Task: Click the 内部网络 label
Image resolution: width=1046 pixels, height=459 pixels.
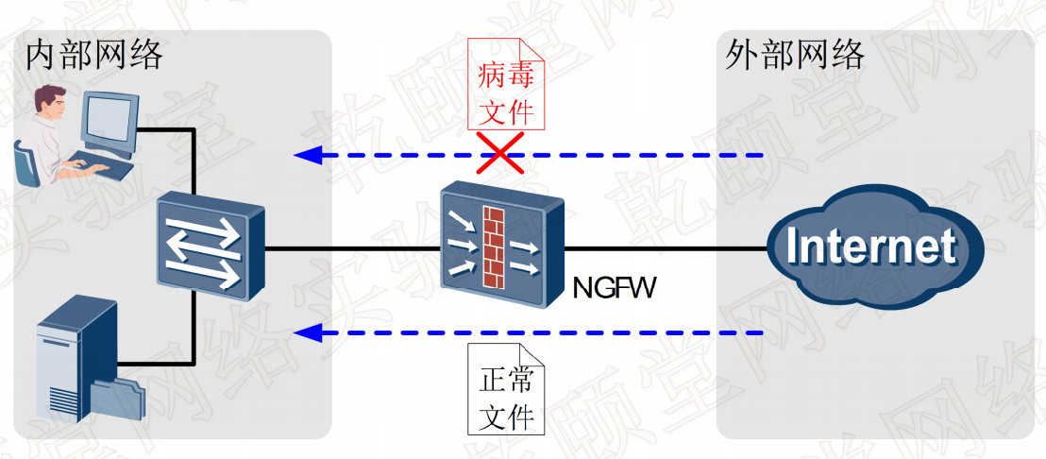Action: [x=94, y=55]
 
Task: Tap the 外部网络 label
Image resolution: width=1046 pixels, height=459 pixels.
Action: [x=795, y=55]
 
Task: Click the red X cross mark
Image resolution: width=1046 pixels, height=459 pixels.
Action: [x=499, y=153]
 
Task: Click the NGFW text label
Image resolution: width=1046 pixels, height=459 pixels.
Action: [x=614, y=286]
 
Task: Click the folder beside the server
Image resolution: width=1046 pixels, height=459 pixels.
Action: [x=121, y=397]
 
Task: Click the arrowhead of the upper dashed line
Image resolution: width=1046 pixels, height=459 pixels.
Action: [x=304, y=155]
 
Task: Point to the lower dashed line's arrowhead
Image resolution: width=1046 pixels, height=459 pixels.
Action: [x=304, y=332]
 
